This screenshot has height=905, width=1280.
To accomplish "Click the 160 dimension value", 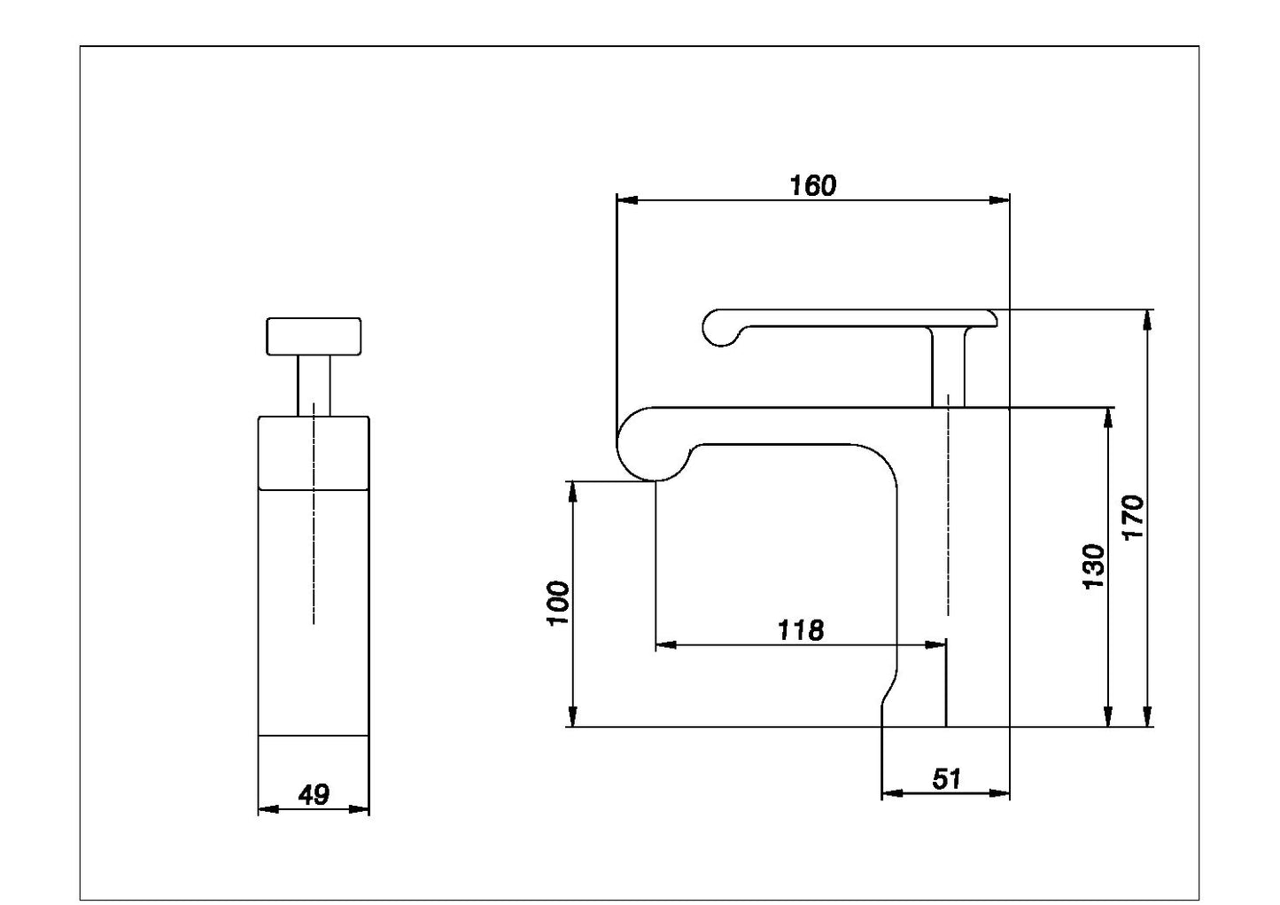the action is point(812,186).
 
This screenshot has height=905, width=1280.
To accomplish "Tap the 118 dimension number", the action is point(801,630).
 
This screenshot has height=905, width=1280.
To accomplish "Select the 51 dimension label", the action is point(947,778).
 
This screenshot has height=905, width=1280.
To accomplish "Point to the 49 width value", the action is point(314,795).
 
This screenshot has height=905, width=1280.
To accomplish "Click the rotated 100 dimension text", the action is point(559,604).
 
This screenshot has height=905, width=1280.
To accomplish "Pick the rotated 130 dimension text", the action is point(1094,566).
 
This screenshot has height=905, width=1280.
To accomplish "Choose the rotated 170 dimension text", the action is point(1133,518).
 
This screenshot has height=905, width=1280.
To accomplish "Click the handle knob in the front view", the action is point(314,337).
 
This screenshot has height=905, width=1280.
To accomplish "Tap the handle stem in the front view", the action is point(314,386).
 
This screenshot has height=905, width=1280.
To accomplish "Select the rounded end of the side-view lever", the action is point(721,328).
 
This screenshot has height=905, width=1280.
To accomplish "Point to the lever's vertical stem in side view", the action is point(948,368).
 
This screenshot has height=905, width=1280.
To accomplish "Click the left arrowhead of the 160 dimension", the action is point(627,200).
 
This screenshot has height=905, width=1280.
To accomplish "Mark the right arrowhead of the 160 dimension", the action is point(999,200).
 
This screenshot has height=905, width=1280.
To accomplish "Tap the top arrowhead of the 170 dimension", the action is point(1147,320).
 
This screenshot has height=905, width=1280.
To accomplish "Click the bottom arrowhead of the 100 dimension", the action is point(572,716).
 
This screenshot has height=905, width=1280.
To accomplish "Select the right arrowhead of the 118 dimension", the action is point(936,645).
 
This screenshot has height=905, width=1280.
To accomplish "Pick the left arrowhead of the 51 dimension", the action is point(893,793).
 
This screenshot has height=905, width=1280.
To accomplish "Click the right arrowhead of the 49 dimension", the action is point(359,809).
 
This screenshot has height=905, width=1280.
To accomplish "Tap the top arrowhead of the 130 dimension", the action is point(1108,418).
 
